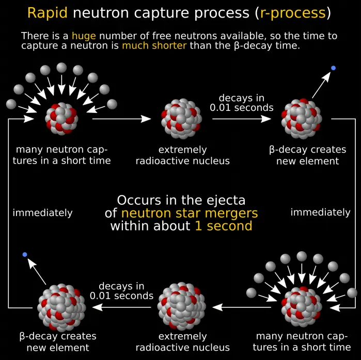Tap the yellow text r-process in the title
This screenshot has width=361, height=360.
(292, 13)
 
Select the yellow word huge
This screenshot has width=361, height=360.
(84, 36)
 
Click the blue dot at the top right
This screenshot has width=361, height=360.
(333, 68)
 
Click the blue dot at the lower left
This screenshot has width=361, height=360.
(25, 255)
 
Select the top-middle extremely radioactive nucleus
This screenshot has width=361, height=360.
(181, 119)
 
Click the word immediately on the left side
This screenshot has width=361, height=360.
(42, 212)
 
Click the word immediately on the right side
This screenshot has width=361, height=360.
(320, 212)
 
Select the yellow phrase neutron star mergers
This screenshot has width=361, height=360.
(190, 212)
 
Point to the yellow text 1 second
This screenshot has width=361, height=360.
(223, 226)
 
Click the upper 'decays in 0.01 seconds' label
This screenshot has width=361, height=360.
(241, 103)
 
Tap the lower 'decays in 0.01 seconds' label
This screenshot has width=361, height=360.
(121, 291)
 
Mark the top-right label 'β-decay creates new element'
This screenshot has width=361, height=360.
(307, 155)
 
